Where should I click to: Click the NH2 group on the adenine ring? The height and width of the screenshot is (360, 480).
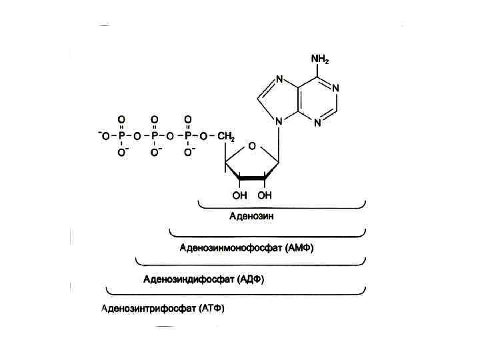point(320,59)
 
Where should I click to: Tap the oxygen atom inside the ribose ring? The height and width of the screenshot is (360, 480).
point(251,146)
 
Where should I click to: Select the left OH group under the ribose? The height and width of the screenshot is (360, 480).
point(240,195)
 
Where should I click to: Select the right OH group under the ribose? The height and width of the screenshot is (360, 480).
point(265,195)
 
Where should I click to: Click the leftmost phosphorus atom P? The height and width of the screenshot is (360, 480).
point(121,136)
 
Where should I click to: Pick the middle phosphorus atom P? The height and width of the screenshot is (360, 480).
point(154,136)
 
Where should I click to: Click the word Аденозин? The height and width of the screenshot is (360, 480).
point(251,216)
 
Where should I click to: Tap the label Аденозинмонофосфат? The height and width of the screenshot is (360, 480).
point(231,248)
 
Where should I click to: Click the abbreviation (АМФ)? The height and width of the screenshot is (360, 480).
point(299,248)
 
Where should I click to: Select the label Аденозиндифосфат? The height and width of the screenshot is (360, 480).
point(189,279)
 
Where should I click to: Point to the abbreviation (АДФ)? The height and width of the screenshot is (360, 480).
point(251,279)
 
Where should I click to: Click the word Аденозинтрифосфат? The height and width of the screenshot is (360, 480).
point(149,309)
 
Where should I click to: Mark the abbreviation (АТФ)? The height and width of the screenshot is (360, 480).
point(213,309)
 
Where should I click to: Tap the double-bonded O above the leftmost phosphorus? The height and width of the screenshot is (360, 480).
point(121,119)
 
